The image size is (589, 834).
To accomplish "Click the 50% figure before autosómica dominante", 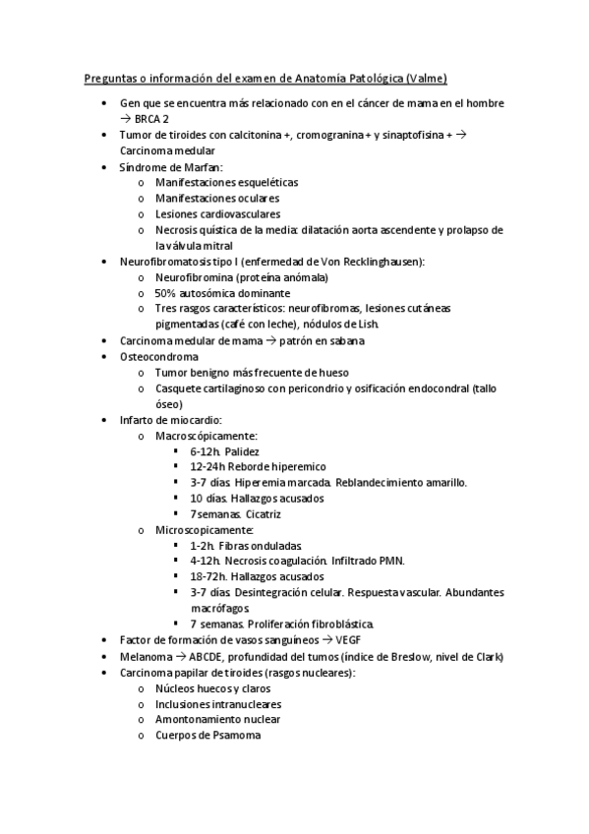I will pos(165,293).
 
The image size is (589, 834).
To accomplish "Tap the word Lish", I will pos(381,325).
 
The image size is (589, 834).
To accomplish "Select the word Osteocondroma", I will pos(158,356).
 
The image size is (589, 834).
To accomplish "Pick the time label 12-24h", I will pos(208,466).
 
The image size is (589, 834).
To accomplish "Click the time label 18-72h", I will pos(208,576).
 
